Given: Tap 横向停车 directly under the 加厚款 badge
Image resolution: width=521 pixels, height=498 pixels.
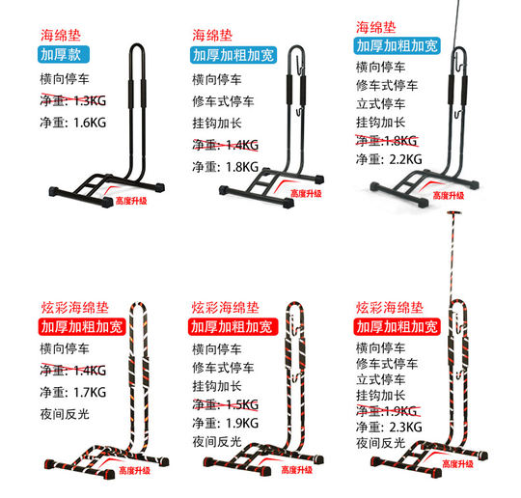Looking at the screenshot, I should [x=69, y=79].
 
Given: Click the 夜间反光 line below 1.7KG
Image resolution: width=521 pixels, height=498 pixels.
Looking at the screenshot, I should [x=69, y=415].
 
